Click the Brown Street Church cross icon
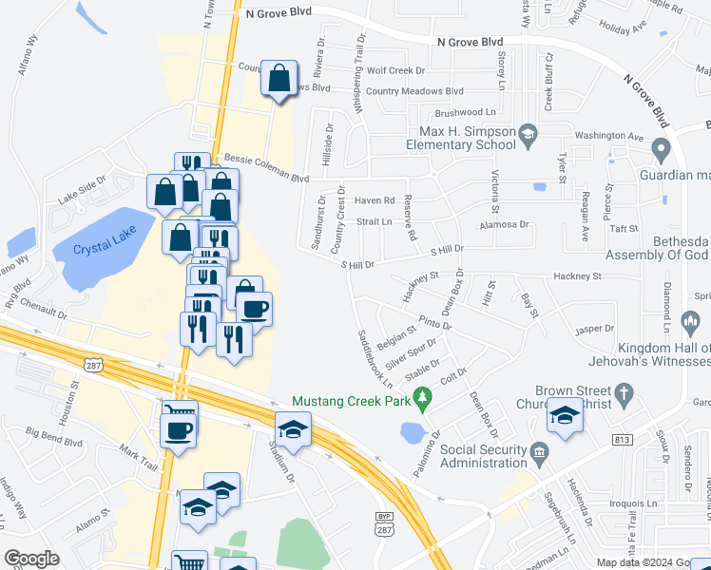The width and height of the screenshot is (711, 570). (x=624, y=392)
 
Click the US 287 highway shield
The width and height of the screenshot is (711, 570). (x=92, y=365)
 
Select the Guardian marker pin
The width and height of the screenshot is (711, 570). (x=663, y=148)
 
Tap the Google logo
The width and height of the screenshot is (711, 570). (x=31, y=559)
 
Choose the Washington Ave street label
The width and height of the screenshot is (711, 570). (x=609, y=136)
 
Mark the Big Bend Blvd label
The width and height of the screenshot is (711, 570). (x=54, y=438)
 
